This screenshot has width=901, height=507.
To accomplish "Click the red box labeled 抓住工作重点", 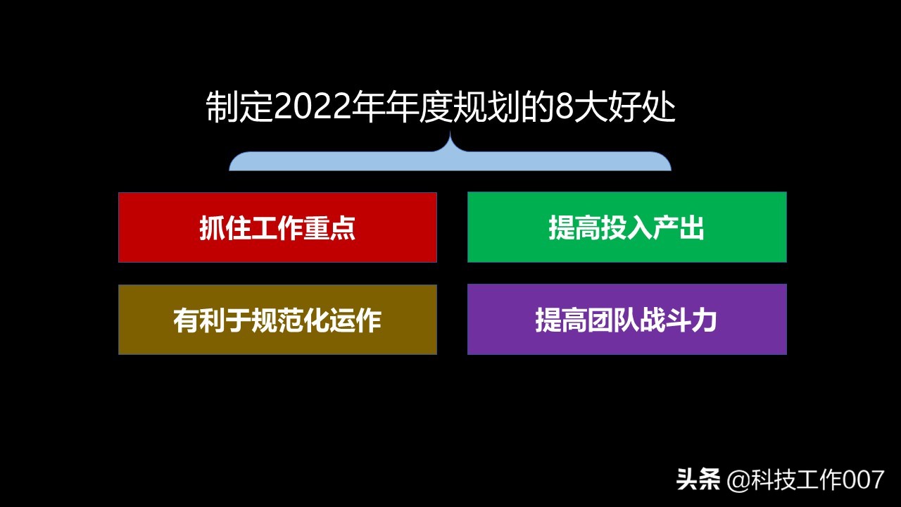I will tap(277, 227).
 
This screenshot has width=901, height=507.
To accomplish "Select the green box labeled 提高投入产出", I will tap(626, 227).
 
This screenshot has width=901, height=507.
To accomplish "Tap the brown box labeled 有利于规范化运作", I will tap(277, 320).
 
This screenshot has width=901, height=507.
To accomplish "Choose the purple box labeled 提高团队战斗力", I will tap(626, 320).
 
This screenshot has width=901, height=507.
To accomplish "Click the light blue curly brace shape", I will tap(450, 162).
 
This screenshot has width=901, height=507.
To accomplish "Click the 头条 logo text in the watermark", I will tap(698, 480).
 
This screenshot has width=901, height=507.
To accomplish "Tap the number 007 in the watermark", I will tap(863, 480).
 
